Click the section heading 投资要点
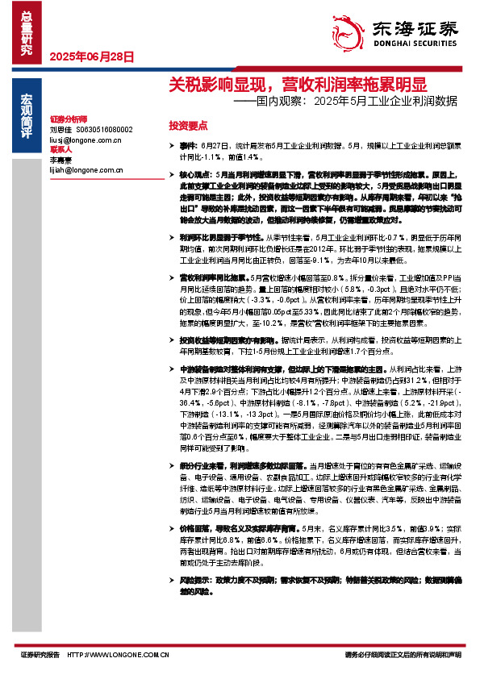[x=188, y=126]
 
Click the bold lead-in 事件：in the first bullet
[x=189, y=147]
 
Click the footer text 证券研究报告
[x=40, y=655]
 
